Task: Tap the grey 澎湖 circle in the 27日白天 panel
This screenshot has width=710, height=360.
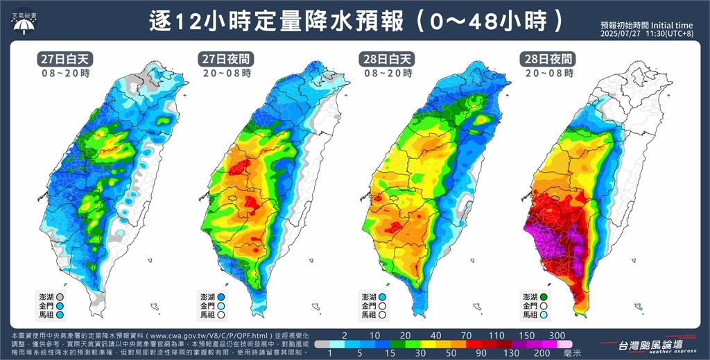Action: pyautogui.click(x=60, y=296)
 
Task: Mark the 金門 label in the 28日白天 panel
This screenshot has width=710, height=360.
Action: pyautogui.click(x=370, y=305)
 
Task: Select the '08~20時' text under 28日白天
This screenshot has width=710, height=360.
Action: pyautogui.click(x=387, y=73)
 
